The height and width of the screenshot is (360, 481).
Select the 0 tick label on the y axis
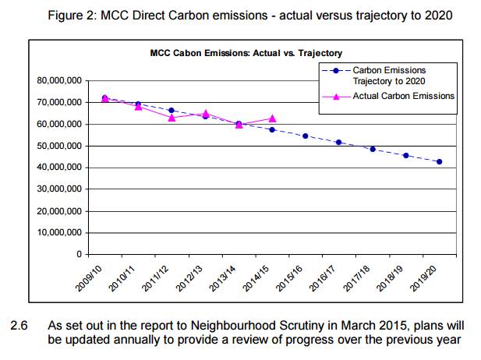click(78, 255)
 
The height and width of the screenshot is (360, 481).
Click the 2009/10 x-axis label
click(90, 277)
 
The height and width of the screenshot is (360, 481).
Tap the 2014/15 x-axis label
click(258, 277)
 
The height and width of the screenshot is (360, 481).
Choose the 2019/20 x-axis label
click(426, 277)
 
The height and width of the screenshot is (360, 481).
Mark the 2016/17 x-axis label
click(325, 277)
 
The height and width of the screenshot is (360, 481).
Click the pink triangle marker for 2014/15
click(272, 118)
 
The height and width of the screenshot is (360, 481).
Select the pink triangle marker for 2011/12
click(172, 118)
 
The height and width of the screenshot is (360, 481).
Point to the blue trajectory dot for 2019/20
click(440, 162)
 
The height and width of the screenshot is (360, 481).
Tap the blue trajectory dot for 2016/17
click(339, 143)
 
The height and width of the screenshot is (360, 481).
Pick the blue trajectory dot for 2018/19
click(406, 156)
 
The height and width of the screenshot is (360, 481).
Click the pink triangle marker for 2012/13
click(205, 113)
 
